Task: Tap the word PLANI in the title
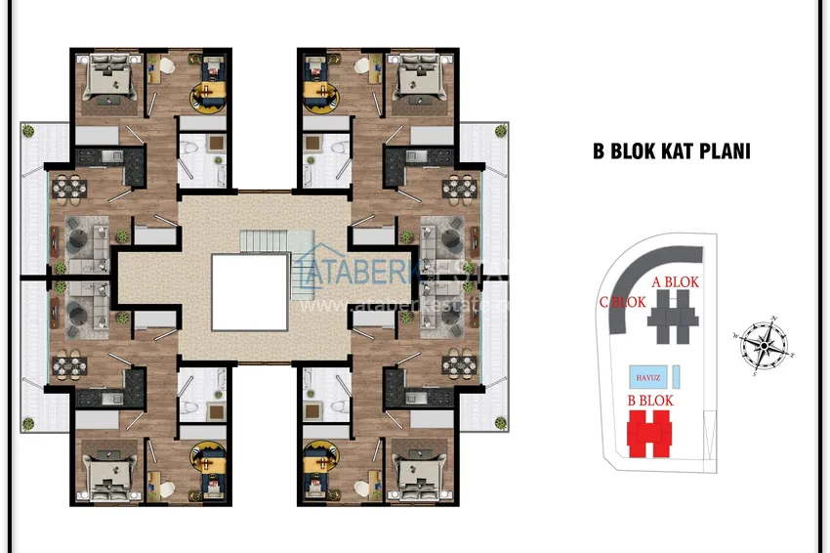tap(730, 152)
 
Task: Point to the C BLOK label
tap(622, 303)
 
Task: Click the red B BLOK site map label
tap(650, 401)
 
